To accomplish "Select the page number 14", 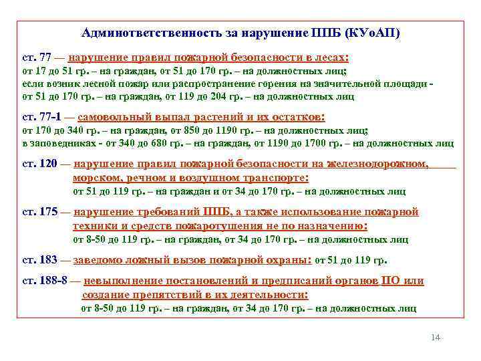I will [x=436, y=338].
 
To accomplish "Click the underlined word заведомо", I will [x=98, y=260].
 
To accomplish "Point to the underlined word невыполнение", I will [x=122, y=281].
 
